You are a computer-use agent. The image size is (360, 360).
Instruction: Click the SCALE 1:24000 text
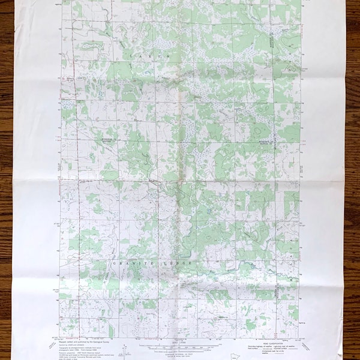click(x=180, y=338)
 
